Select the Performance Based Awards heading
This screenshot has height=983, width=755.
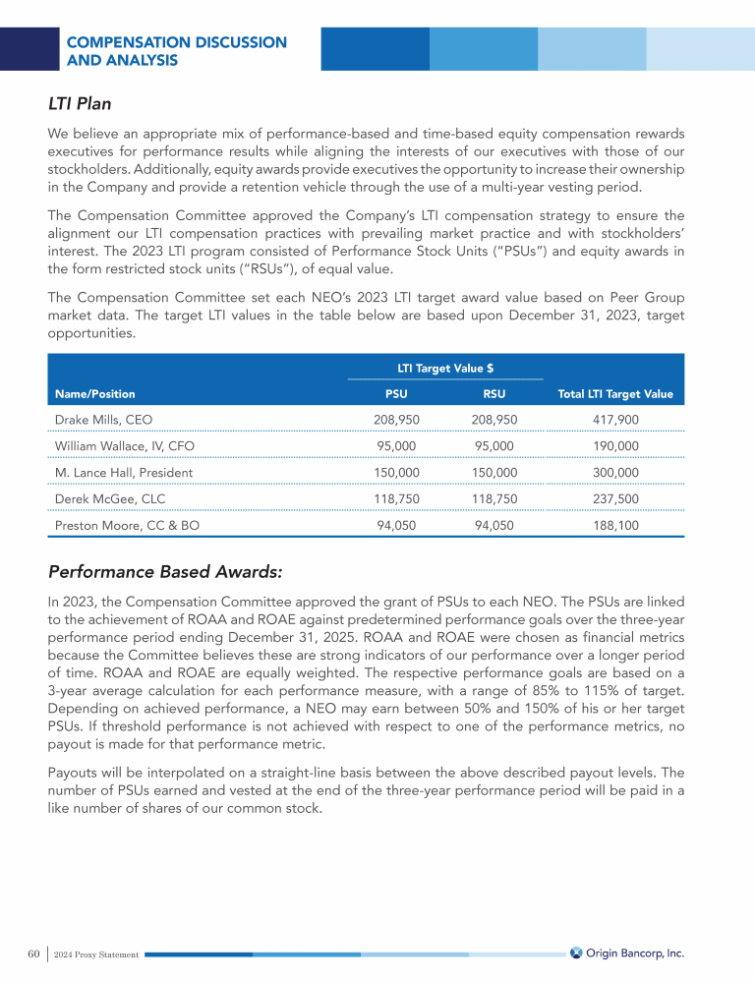coord(165,572)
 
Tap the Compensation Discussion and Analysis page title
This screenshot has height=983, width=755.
coord(176,51)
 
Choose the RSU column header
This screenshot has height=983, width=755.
coord(494,393)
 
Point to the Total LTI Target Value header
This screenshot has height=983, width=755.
coord(615,393)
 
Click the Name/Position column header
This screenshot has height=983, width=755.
coord(95,393)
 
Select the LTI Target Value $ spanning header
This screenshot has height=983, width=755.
coord(444,369)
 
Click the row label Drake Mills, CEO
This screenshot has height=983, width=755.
coord(103,419)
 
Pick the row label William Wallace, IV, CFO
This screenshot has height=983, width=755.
coord(124,445)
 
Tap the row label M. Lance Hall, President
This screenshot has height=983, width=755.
coord(123,472)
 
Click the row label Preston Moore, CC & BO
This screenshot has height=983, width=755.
coord(124,525)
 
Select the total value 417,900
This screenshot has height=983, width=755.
coord(615,419)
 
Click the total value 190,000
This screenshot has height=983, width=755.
coord(615,445)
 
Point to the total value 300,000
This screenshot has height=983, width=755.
coord(615,472)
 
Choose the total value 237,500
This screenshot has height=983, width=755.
coord(615,498)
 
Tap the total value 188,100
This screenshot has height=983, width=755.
coord(615,525)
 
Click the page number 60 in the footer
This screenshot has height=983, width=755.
coord(33,954)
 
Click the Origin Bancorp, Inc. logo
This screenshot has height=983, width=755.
coord(626,953)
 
